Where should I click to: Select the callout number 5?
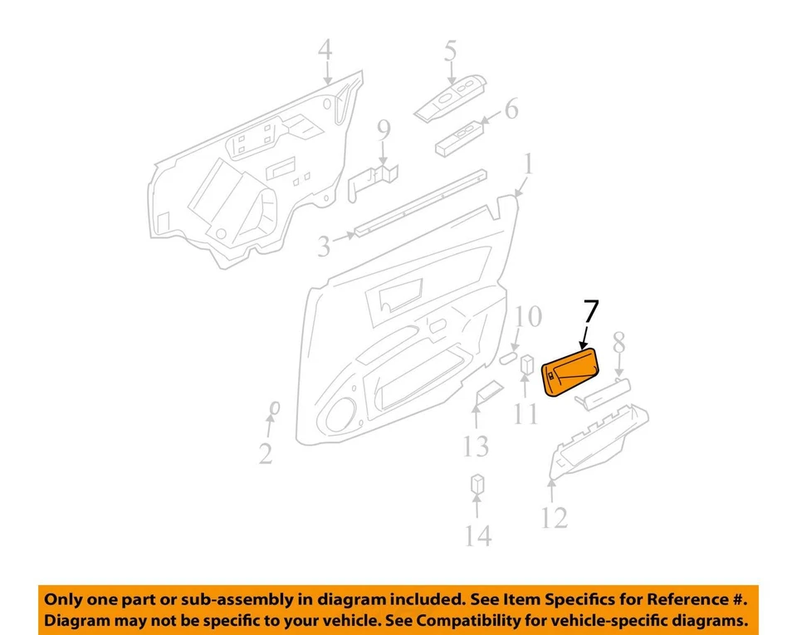pyautogui.click(x=450, y=51)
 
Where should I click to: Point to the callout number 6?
pyautogui.click(x=511, y=108)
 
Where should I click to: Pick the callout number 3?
pyautogui.click(x=324, y=246)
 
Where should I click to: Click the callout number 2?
pyautogui.click(x=265, y=453)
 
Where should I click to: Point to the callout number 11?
pyautogui.click(x=526, y=412)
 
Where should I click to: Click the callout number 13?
pyautogui.click(x=476, y=447)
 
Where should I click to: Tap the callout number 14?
pyautogui.click(x=477, y=535)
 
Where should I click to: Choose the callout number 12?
pyautogui.click(x=554, y=518)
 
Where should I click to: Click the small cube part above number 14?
pyautogui.click(x=477, y=483)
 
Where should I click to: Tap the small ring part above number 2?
pyautogui.click(x=273, y=407)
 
